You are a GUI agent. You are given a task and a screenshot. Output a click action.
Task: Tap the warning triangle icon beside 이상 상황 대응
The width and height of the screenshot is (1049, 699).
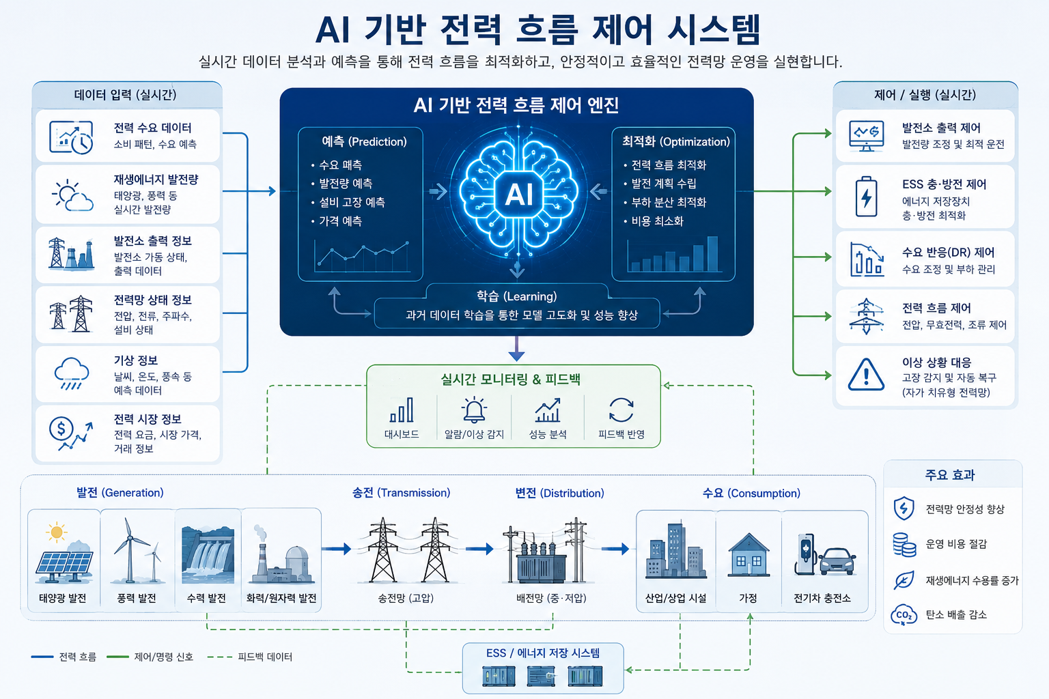(866, 375)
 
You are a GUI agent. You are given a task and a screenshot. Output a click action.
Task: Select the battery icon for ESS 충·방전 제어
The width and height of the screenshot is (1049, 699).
(867, 196)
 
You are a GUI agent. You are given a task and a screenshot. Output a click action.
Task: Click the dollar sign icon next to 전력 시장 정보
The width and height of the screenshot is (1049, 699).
(61, 428)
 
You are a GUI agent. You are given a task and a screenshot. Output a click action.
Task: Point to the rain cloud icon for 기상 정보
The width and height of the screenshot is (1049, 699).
(71, 373)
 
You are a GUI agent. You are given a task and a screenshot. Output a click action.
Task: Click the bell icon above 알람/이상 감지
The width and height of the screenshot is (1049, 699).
(474, 410)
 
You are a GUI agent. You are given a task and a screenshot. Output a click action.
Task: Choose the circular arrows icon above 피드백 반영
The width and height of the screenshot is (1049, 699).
(621, 410)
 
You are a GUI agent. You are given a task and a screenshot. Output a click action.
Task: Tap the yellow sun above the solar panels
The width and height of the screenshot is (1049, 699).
(57, 532)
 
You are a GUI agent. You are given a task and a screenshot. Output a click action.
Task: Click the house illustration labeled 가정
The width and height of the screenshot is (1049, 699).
(749, 556)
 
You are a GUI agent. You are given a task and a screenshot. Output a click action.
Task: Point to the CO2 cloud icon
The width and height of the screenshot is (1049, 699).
(904, 615)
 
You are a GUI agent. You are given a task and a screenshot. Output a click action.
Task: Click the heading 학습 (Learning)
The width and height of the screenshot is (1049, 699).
(516, 296)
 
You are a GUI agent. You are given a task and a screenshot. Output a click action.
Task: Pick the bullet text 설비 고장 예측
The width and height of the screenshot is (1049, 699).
(352, 202)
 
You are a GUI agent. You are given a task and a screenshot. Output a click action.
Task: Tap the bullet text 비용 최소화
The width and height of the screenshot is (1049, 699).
(658, 221)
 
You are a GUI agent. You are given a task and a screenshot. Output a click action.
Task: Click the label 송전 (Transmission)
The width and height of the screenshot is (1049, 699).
(402, 493)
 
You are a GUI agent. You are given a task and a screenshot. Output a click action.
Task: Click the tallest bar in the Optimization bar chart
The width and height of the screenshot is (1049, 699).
(712, 254)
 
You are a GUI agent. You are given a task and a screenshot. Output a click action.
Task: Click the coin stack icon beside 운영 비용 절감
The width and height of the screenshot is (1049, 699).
(904, 545)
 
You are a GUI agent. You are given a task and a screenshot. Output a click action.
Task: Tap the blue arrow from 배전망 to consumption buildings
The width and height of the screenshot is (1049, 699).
(615, 549)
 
